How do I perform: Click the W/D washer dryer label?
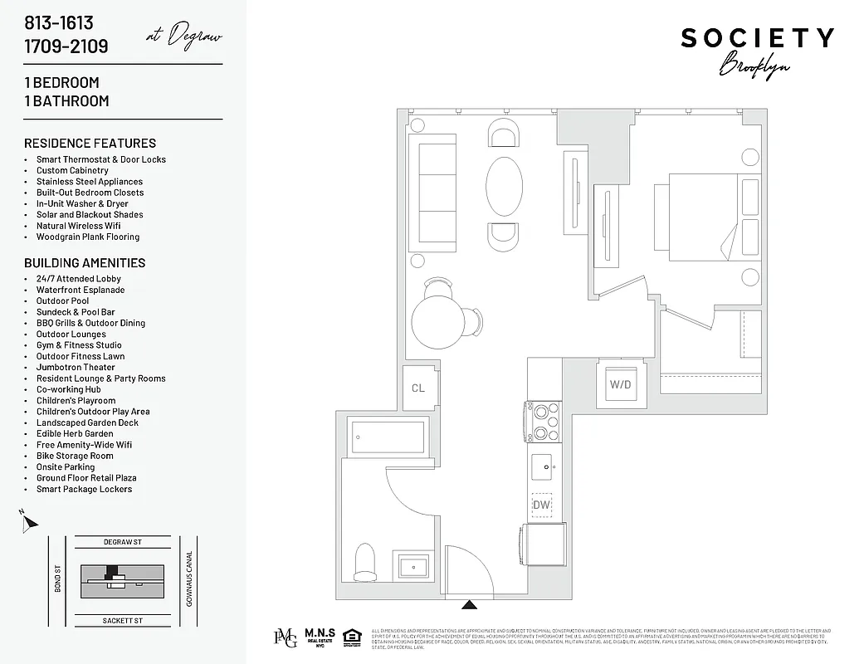click(x=620, y=384)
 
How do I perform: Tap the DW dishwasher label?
click(x=541, y=505)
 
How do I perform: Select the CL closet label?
click(x=418, y=388)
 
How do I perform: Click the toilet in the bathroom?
click(x=365, y=562)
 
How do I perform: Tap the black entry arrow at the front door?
click(x=469, y=605)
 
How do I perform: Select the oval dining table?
click(x=504, y=187)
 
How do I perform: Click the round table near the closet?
click(x=441, y=324)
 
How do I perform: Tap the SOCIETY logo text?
click(x=757, y=38)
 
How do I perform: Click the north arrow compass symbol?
click(x=30, y=522)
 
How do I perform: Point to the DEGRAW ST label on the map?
click(x=123, y=542)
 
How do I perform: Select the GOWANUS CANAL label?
click(x=189, y=579)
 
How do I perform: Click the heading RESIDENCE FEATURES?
click(x=90, y=143)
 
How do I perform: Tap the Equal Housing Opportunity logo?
click(x=351, y=637)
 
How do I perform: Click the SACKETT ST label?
click(x=123, y=620)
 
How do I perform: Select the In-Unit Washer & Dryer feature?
click(x=82, y=203)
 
